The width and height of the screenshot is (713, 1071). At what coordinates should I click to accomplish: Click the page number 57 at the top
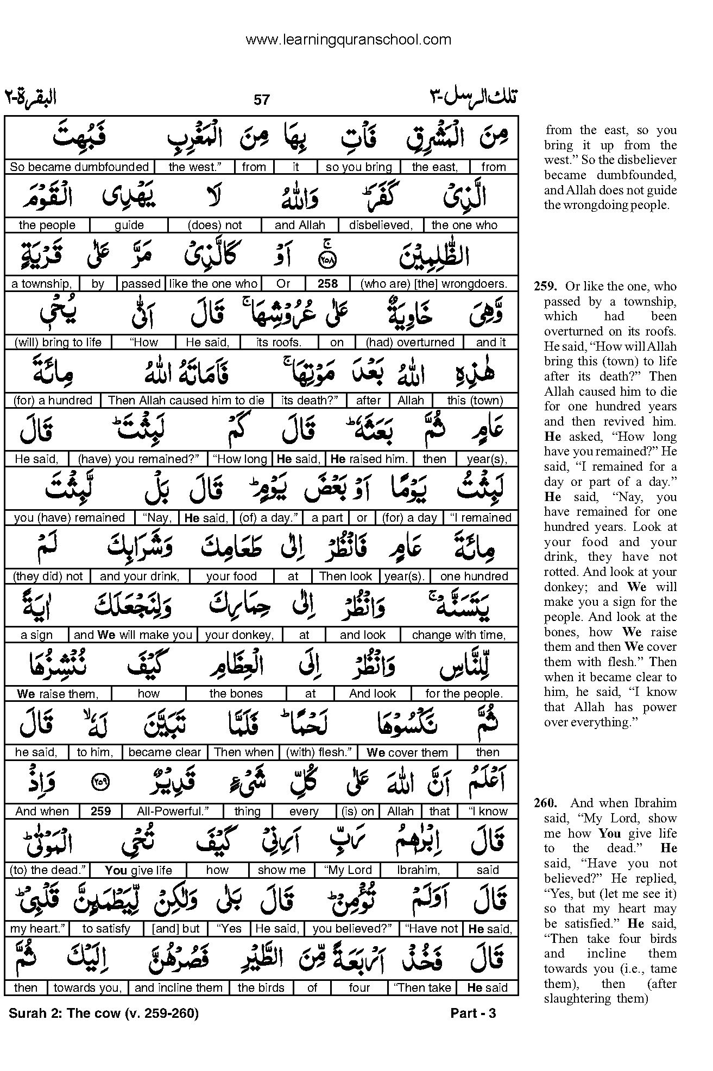(261, 100)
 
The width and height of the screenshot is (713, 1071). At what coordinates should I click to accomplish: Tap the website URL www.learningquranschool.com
(348, 40)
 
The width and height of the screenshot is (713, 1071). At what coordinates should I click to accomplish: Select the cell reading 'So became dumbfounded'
(79, 167)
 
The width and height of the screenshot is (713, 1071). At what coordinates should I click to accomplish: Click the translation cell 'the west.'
(193, 167)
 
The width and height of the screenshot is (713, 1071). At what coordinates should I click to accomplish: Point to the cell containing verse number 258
(327, 283)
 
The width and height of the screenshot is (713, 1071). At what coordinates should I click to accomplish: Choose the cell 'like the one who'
(213, 283)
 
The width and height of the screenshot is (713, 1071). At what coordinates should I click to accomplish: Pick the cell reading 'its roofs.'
(279, 342)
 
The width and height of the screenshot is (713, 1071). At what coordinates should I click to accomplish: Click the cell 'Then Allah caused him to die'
(186, 401)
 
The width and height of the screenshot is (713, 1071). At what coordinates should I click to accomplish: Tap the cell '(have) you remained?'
(138, 459)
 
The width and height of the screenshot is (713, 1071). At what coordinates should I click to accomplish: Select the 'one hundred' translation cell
(474, 576)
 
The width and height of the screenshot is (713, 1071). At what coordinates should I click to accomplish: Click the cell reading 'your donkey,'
(239, 635)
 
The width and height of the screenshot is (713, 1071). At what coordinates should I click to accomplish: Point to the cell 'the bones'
(236, 694)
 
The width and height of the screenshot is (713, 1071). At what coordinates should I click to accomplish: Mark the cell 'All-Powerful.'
(166, 811)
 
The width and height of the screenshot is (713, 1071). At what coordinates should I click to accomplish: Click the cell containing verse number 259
(101, 811)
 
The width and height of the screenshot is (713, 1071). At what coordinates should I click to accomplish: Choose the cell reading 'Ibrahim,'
(417, 870)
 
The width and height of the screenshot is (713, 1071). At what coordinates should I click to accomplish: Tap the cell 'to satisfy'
(106, 929)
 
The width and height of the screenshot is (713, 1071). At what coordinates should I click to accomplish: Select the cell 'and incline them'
(178, 987)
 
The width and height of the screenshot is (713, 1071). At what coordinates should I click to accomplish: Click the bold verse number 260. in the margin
(545, 803)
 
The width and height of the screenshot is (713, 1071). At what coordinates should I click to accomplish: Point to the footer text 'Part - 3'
(473, 1013)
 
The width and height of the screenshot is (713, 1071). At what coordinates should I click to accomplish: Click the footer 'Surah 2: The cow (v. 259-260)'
(104, 1013)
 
